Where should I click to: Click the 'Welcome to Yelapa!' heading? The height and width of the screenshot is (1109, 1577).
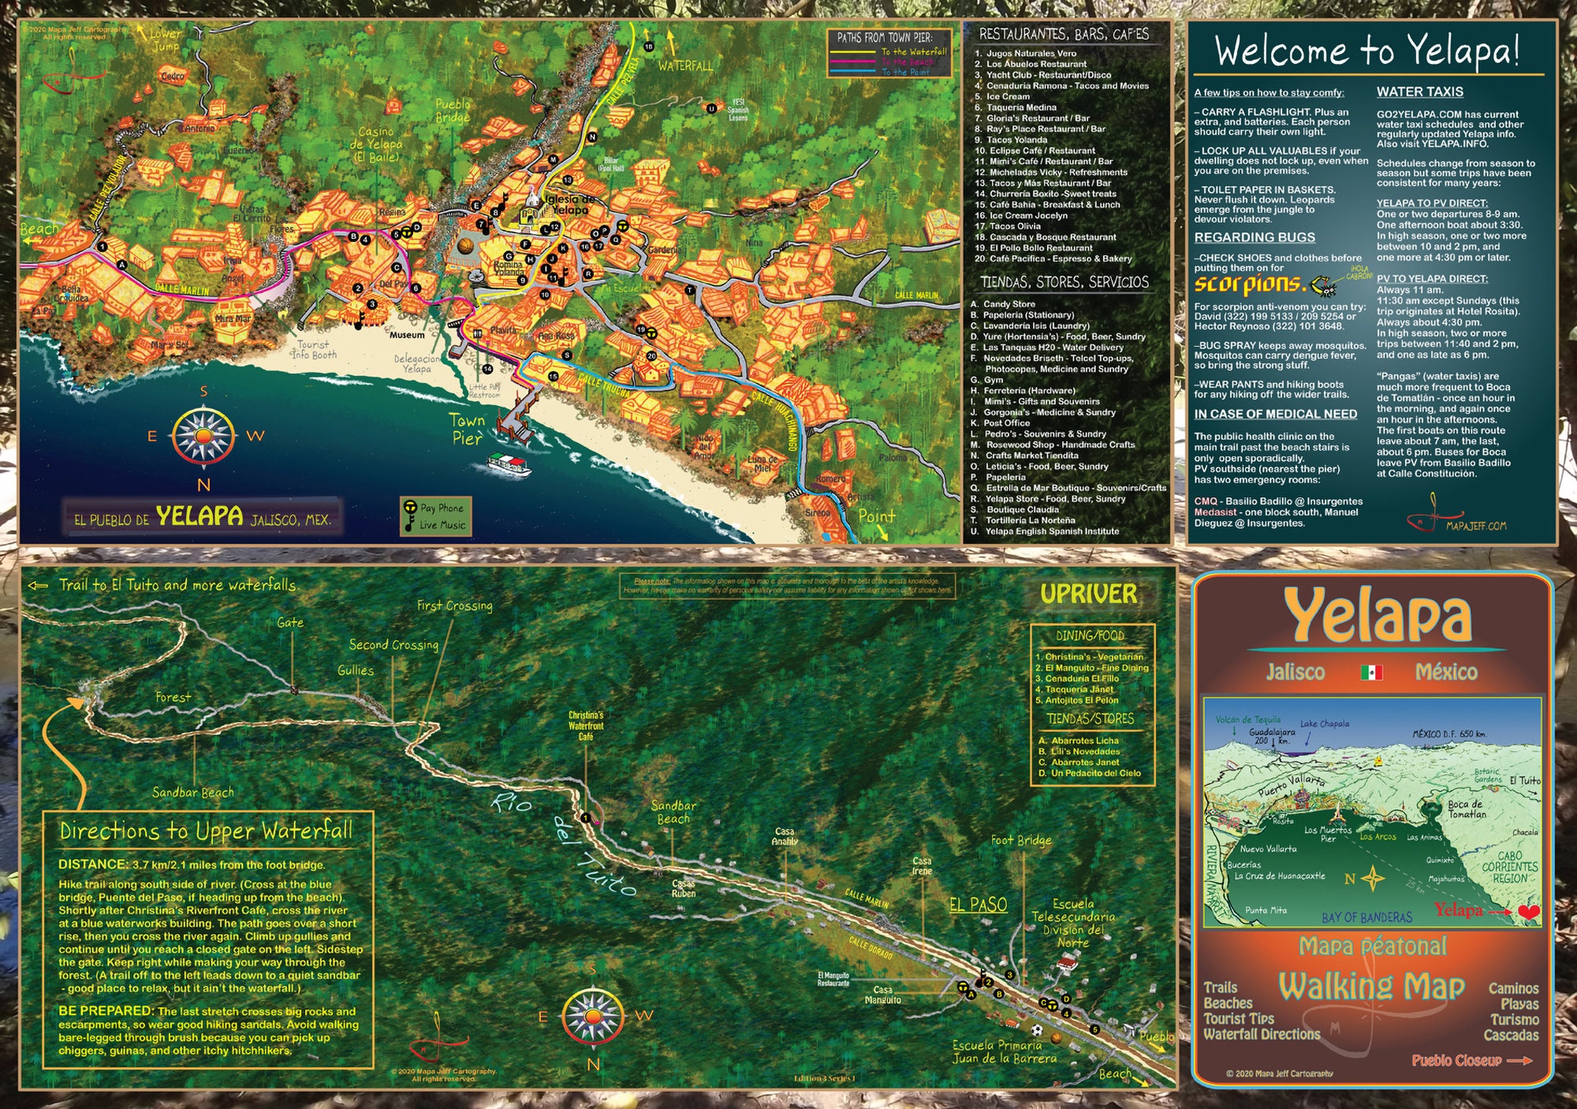pyautogui.click(x=1366, y=50)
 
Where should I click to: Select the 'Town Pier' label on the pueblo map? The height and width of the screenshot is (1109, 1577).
pyautogui.click(x=467, y=430)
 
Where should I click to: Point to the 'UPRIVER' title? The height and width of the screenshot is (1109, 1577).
pyautogui.click(x=1088, y=594)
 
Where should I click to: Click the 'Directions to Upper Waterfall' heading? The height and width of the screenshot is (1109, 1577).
pyautogui.click(x=206, y=831)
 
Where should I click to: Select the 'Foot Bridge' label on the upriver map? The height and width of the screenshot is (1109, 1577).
pyautogui.click(x=1021, y=840)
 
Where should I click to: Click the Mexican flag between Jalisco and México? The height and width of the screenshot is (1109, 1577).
pyautogui.click(x=1371, y=672)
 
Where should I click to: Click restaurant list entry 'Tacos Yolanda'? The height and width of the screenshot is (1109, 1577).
pyautogui.click(x=1016, y=140)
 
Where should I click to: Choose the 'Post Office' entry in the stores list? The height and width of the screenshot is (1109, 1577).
pyautogui.click(x=1006, y=423)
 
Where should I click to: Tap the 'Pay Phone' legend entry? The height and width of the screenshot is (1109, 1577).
pyautogui.click(x=441, y=508)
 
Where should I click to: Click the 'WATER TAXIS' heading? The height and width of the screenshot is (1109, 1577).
pyautogui.click(x=1419, y=92)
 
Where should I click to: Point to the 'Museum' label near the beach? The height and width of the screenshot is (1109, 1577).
pyautogui.click(x=407, y=335)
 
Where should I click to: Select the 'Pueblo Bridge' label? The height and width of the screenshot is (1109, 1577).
pyautogui.click(x=453, y=110)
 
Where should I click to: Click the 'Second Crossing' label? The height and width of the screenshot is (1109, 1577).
pyautogui.click(x=393, y=645)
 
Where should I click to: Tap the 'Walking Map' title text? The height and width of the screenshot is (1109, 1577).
pyautogui.click(x=1371, y=987)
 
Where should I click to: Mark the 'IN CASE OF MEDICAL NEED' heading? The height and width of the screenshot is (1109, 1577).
pyautogui.click(x=1275, y=415)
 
